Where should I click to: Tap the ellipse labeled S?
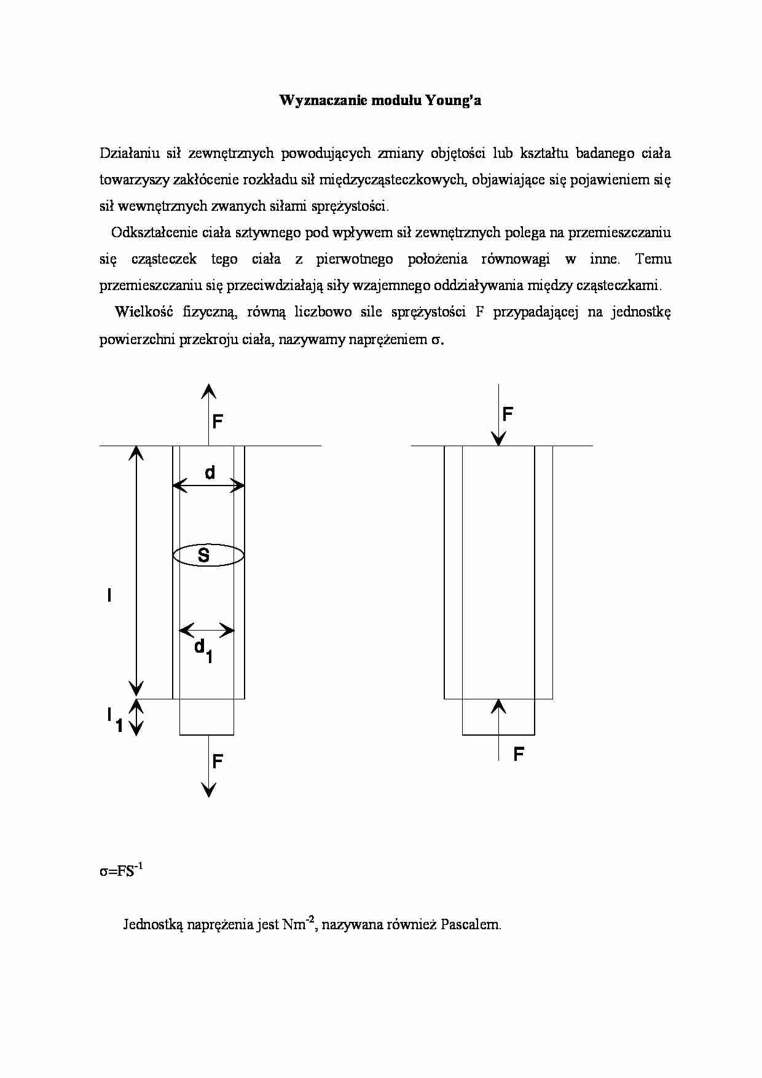pos(208,556)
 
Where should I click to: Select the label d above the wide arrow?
pos(210,473)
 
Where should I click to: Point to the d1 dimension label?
pos(203,650)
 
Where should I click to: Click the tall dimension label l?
pos(109,595)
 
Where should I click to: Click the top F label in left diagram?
pos(218,422)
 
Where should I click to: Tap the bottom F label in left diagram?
pos(218,762)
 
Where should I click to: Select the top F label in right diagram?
pos(508,414)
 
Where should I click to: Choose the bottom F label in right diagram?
pos(519,754)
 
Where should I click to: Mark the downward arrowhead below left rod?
pos(209,790)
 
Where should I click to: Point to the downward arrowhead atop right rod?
pos(498,438)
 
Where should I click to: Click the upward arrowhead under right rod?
pos(498,706)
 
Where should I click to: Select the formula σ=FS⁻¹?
pos(121,871)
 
